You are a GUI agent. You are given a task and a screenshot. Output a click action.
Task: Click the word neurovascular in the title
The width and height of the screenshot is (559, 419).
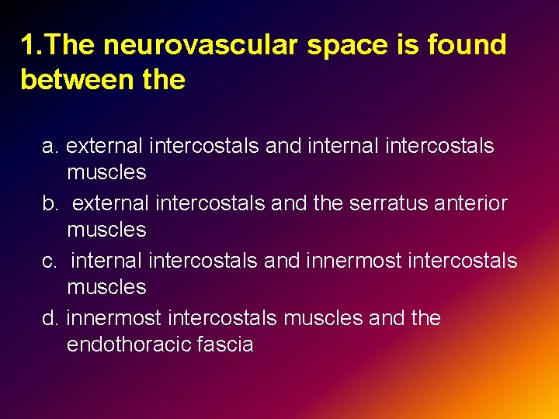[201, 46]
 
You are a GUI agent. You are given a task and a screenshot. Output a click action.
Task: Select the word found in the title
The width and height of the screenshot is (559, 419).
[469, 45]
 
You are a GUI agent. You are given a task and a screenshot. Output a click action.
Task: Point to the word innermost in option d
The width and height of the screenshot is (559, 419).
[114, 318]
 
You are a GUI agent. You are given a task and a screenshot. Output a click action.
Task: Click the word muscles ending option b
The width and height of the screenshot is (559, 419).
[106, 230]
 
